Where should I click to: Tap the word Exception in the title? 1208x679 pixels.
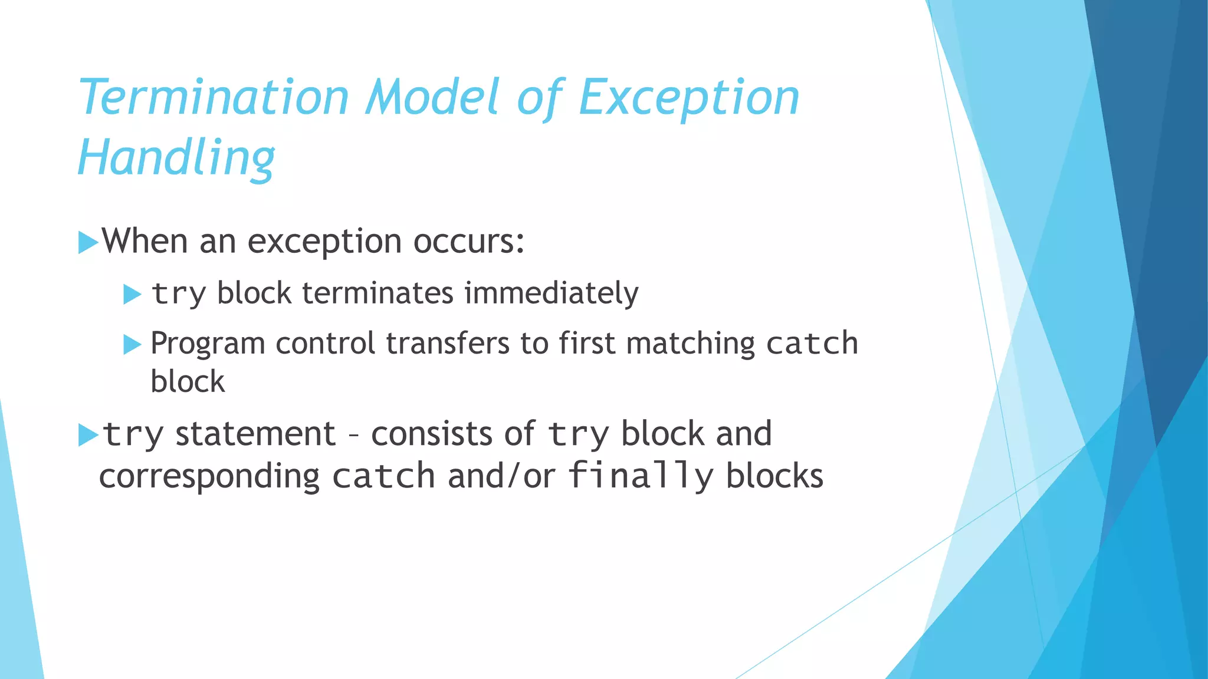click(x=689, y=98)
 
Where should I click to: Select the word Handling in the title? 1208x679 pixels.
click(x=176, y=158)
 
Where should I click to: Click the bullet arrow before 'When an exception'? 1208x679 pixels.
click(x=87, y=242)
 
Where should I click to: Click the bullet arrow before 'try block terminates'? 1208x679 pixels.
click(x=132, y=294)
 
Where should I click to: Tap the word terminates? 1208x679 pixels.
click(x=377, y=293)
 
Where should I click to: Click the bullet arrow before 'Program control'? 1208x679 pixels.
click(x=132, y=344)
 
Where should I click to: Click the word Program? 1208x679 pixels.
click(x=208, y=344)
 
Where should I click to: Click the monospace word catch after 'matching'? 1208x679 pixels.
click(x=812, y=344)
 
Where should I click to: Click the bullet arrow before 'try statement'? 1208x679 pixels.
click(x=87, y=435)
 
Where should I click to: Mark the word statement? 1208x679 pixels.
click(x=255, y=434)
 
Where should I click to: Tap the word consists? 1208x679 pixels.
click(x=431, y=434)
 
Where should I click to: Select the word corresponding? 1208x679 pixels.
click(x=209, y=476)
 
